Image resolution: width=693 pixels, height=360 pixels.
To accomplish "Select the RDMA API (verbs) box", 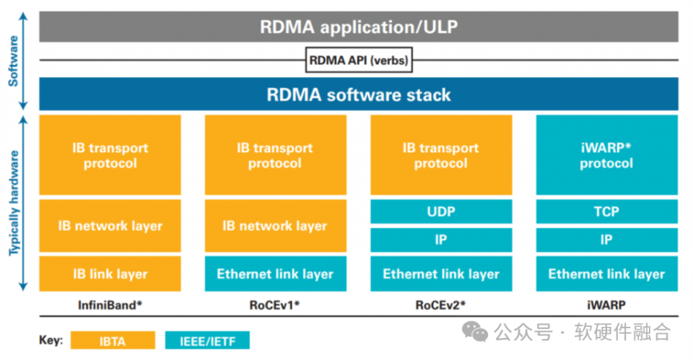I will (359, 61).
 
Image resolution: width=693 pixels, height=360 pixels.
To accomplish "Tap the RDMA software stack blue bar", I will (359, 95).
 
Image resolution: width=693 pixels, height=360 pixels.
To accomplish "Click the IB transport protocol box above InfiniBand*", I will (110, 155).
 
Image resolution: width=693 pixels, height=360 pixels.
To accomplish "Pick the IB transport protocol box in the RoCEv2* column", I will (440, 155).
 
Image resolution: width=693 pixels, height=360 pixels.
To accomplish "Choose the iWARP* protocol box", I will (606, 155).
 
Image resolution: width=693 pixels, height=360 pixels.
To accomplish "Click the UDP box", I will (440, 212).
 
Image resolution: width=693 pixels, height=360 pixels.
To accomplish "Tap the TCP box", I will (606, 212).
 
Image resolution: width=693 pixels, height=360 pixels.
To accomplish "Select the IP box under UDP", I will (440, 240).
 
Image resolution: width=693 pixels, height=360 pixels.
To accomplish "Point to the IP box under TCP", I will (606, 240).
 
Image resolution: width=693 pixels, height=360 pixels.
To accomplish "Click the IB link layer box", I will (110, 273).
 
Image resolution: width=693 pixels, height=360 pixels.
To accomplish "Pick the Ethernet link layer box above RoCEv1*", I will (275, 273).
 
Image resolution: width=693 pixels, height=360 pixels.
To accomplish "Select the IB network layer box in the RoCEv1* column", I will (275, 226).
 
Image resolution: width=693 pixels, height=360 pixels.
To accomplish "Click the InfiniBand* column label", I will (110, 304).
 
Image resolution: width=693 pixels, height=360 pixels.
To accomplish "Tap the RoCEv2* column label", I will (440, 304).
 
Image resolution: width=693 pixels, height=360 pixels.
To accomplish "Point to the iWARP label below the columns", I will (606, 304).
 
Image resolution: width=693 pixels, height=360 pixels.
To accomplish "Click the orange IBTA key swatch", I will (113, 340).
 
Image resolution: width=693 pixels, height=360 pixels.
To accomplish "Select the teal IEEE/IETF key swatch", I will (207, 340).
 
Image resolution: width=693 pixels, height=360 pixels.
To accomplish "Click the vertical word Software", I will (14, 61).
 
